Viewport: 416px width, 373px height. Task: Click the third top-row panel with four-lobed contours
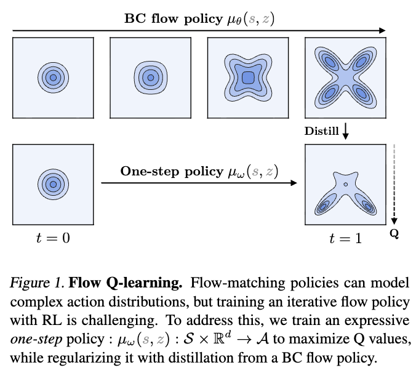point(247,78)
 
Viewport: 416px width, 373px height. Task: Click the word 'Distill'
point(321,131)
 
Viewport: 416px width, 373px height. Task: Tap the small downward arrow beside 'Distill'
point(346,131)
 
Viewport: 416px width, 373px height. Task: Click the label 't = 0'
point(54,238)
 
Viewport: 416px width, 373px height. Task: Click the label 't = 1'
point(345,238)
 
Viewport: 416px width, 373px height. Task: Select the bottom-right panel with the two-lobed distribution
point(346,183)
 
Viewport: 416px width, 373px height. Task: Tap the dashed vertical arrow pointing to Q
point(395,185)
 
